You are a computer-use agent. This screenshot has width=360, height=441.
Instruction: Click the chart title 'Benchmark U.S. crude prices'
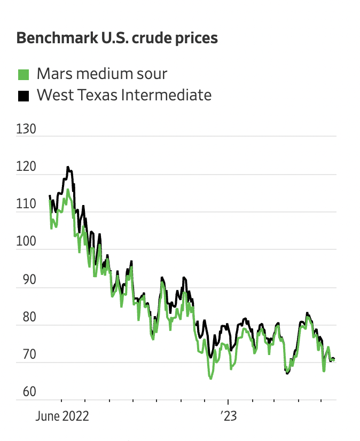pos(117,39)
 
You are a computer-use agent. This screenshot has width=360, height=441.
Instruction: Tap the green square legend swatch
pos(24,74)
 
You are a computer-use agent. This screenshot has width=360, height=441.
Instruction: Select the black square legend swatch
pos(24,96)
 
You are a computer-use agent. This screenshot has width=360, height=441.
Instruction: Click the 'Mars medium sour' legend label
pos(101,74)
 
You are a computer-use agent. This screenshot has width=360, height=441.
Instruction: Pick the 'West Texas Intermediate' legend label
pos(124,96)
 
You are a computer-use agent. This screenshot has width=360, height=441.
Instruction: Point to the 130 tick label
pos(26,130)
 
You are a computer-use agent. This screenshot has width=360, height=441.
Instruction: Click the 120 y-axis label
pos(26,167)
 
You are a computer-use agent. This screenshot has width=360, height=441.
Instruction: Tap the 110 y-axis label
pos(26,204)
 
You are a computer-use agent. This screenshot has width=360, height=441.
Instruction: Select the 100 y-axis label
pos(26,242)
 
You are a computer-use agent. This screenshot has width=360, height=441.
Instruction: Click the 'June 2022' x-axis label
pos(62,416)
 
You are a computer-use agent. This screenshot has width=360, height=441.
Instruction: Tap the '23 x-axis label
pos(228,416)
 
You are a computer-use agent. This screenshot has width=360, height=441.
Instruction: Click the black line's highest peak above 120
pos(68,167)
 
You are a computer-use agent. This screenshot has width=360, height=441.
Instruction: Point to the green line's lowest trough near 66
pos(211,379)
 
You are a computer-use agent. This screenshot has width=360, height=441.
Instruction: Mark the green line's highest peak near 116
pos(68,190)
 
